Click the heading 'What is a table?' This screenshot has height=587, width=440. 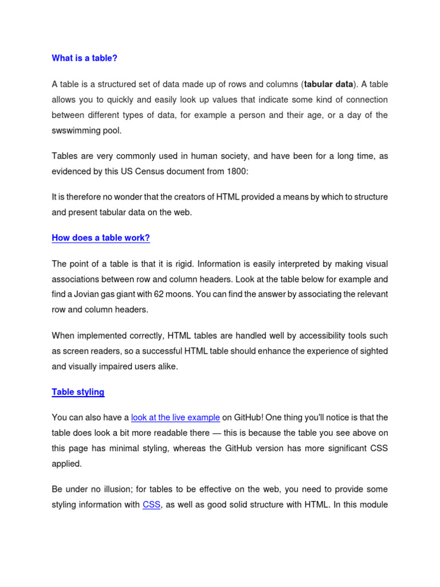click(x=84, y=58)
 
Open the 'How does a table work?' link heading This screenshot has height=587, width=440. click(x=101, y=238)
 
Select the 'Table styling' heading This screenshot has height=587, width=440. click(x=78, y=392)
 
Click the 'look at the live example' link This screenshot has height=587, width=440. click(x=175, y=418)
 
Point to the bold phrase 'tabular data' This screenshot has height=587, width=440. click(x=329, y=84)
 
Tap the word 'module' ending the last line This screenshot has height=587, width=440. click(x=374, y=504)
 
